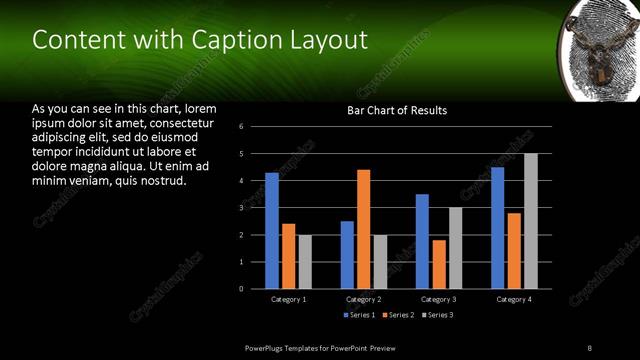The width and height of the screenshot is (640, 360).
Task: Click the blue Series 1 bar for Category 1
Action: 272,230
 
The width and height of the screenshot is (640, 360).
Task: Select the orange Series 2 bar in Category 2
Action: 363,229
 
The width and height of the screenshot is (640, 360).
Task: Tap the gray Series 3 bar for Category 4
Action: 531,221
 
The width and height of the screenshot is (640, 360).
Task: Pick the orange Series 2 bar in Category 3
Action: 438,264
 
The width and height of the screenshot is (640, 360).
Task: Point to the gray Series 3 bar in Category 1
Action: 305,261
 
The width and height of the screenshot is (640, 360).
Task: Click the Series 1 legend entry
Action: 361,315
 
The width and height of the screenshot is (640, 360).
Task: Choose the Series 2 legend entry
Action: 398,315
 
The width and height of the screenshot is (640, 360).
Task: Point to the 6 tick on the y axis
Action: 242,127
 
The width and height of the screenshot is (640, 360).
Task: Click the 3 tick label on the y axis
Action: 242,208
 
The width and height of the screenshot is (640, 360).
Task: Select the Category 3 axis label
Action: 438,299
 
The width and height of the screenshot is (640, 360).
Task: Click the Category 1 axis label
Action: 288,299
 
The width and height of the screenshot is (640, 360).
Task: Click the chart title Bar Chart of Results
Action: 397,110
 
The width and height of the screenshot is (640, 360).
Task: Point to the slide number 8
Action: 589,347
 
